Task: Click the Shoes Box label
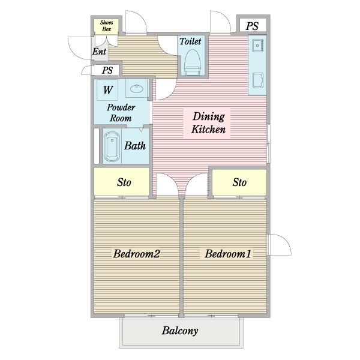pyautogui.click(x=107, y=26)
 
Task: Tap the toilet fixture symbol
pyautogui.click(x=193, y=62)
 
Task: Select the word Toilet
pyautogui.click(x=190, y=41)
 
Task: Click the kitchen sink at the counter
pyautogui.click(x=257, y=46)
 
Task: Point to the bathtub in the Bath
pyautogui.click(x=112, y=147)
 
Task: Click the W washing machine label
pyautogui.click(x=108, y=90)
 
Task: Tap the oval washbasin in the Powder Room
pyautogui.click(x=137, y=89)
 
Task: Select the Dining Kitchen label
pyautogui.click(x=208, y=123)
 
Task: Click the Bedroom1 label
pyautogui.click(x=228, y=254)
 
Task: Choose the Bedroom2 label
pyautogui.click(x=137, y=254)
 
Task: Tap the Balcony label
pyautogui.click(x=180, y=331)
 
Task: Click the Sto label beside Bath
pyautogui.click(x=124, y=182)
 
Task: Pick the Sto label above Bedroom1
pyautogui.click(x=239, y=182)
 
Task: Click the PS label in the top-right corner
pyautogui.click(x=252, y=26)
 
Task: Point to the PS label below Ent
pyautogui.click(x=107, y=70)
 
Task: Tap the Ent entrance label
pyautogui.click(x=99, y=52)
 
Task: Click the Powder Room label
pyautogui.click(x=121, y=113)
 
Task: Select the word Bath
pyautogui.click(x=135, y=146)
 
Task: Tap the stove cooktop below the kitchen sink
pyautogui.click(x=258, y=80)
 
